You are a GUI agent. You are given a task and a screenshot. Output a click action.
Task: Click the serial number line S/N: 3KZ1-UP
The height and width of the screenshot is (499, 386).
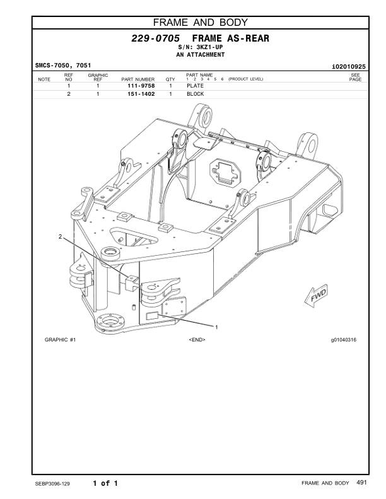pos(200,48)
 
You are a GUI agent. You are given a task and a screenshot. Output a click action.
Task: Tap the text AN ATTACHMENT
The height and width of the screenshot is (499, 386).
pos(200,55)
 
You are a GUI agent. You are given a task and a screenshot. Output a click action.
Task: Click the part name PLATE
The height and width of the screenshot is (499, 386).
pos(195,86)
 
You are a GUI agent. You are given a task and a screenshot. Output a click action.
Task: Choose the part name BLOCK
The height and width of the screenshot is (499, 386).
pos(196,94)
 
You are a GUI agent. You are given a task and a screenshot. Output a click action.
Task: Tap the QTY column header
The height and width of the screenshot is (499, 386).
pos(170,79)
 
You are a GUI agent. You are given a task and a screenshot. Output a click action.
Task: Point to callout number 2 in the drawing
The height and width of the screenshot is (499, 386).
pos(60,237)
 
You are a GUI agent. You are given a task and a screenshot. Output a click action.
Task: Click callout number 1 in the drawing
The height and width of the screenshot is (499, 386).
pos(217,327)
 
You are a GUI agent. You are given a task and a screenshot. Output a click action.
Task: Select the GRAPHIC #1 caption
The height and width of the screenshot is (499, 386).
pos(61,340)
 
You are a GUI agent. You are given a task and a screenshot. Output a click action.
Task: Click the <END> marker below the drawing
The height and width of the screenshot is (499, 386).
pos(197,340)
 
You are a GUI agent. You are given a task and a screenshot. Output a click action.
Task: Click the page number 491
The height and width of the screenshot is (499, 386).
pos(361,483)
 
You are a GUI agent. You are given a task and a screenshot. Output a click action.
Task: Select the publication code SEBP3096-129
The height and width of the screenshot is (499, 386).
pos(53,484)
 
